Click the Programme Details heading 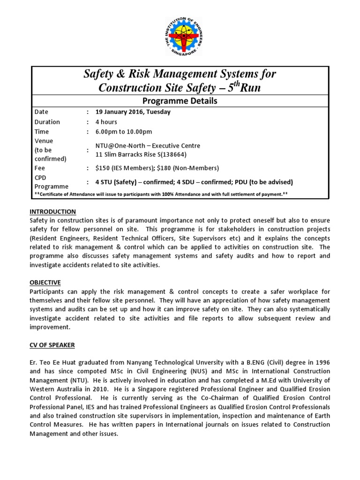(x=180, y=101)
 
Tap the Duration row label (x=47, y=122)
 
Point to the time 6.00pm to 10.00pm (x=124, y=132)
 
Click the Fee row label (x=40, y=168)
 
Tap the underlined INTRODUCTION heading (x=52, y=212)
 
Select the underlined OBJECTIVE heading (x=45, y=283)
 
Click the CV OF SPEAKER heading (x=52, y=345)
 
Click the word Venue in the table (x=44, y=141)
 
